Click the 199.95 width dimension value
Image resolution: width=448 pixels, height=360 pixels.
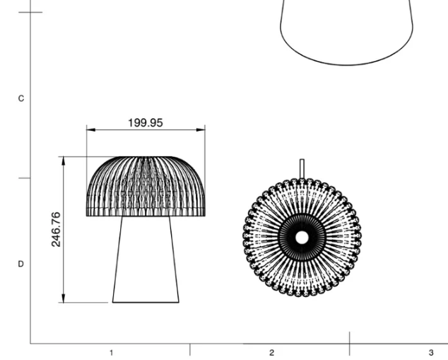[145, 122]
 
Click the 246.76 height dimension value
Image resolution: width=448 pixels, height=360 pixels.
[56, 228]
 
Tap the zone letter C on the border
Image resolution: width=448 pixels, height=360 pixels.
[20, 98]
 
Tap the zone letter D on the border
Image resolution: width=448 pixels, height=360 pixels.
[20, 264]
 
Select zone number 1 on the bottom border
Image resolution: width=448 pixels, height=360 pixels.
[110, 352]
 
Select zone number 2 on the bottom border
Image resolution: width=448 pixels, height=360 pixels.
[271, 352]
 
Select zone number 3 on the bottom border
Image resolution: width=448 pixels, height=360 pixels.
[431, 352]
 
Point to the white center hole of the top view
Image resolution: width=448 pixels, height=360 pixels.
[302, 238]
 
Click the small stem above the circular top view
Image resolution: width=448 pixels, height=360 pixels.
[302, 168]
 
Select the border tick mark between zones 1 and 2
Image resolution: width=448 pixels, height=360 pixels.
[190, 349]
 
